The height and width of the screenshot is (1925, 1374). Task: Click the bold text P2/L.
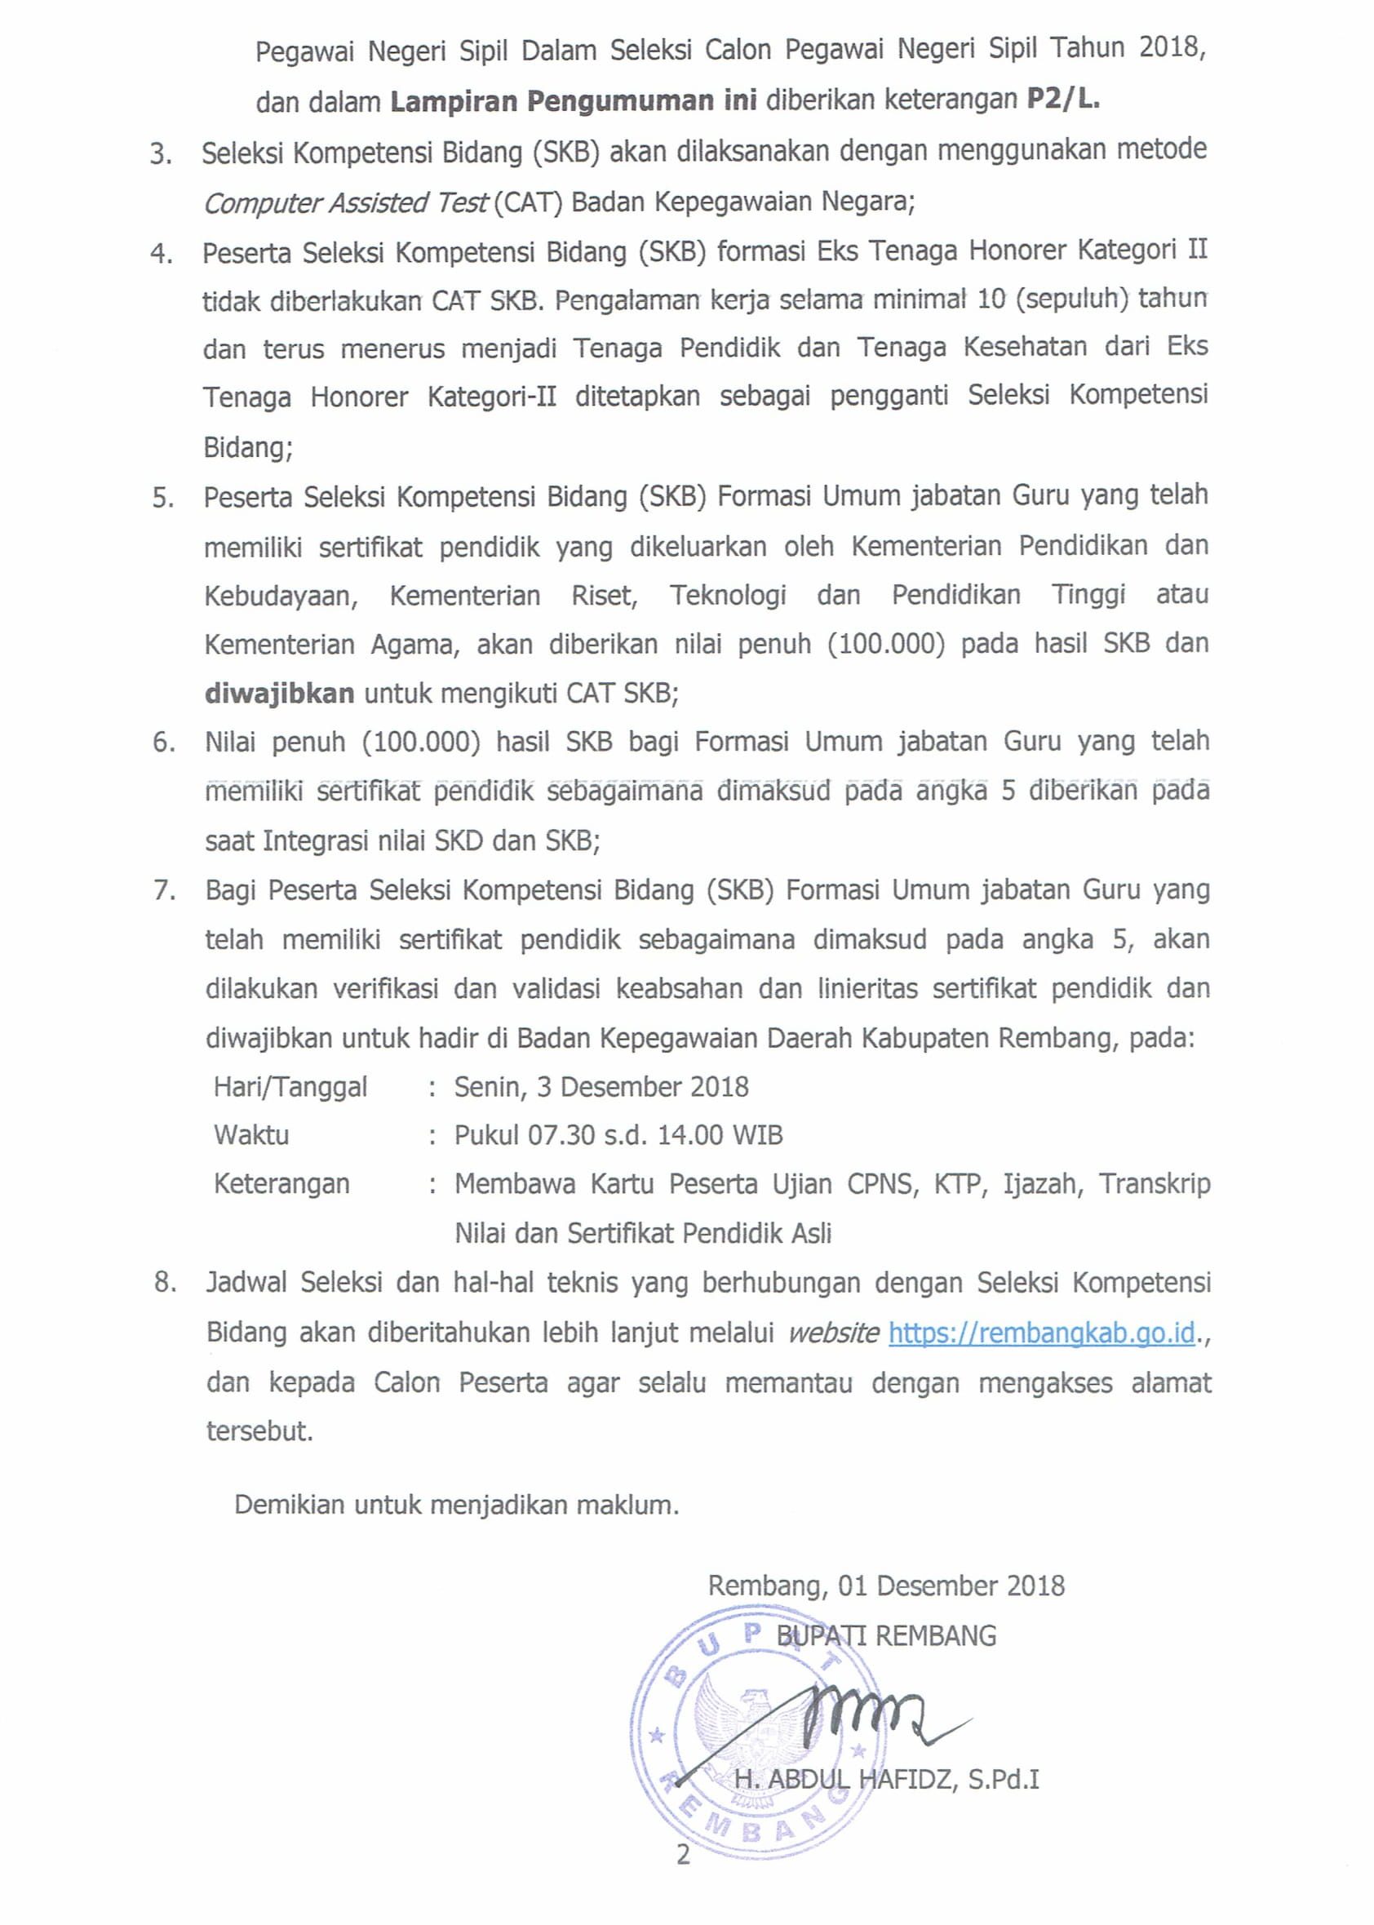tap(1062, 99)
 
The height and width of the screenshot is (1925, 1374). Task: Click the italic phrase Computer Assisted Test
tap(346, 203)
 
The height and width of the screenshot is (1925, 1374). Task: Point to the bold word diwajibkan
tap(279, 693)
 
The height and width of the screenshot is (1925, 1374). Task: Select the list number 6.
tap(162, 743)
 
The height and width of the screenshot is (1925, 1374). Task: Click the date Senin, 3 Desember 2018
tap(601, 1086)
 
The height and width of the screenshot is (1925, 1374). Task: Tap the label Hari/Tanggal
tap(290, 1086)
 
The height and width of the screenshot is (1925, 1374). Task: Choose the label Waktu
tap(251, 1135)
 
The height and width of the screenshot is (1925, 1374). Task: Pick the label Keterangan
tap(281, 1183)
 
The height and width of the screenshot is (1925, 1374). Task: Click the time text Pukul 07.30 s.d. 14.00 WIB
tap(618, 1135)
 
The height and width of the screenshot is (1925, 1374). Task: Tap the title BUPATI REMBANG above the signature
tap(886, 1635)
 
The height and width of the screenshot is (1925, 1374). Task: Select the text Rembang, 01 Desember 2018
tap(886, 1585)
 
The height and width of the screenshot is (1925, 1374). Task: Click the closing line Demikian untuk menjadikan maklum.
tap(457, 1505)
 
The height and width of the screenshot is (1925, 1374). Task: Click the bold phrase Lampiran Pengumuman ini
tap(574, 100)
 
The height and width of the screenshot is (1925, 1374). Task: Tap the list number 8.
tap(165, 1283)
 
